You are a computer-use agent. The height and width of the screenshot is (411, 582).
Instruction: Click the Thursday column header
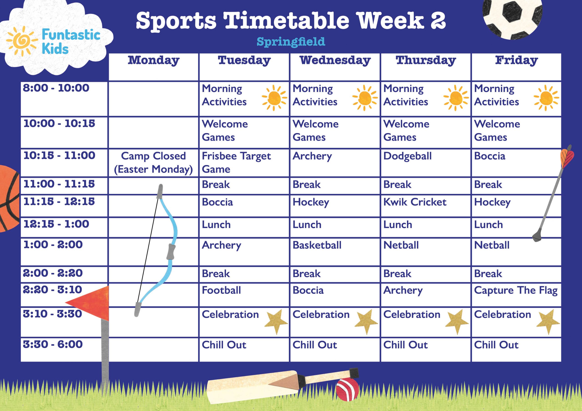click(x=426, y=60)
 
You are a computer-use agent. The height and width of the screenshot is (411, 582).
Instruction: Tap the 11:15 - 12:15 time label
click(x=59, y=202)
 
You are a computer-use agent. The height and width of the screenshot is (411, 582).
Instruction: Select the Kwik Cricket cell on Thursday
click(x=415, y=202)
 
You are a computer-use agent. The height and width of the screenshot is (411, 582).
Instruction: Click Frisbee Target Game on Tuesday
click(x=236, y=162)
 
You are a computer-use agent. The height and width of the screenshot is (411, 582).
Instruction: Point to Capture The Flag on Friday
click(x=516, y=290)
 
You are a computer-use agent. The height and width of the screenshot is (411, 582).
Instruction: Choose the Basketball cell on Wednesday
click(x=317, y=245)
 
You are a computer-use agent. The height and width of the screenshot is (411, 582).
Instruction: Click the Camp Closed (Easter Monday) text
click(x=153, y=162)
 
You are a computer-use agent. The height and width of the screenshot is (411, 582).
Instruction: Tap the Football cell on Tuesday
click(x=221, y=290)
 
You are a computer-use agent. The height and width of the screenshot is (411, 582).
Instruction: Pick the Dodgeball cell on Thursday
click(x=407, y=156)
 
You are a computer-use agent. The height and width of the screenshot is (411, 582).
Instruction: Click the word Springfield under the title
click(x=291, y=42)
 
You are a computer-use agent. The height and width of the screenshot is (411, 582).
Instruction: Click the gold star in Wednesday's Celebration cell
click(x=366, y=321)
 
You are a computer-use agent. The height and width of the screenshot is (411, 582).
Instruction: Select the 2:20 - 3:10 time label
click(x=53, y=290)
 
